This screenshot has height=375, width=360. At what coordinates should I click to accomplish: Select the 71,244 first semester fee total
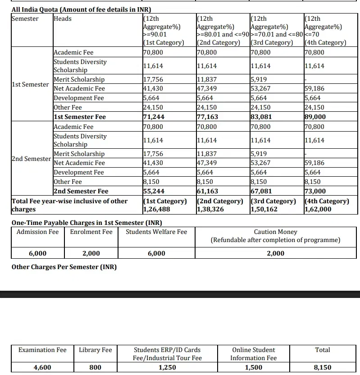click(x=153, y=117)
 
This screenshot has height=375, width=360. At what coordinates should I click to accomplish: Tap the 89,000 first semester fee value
click(x=315, y=117)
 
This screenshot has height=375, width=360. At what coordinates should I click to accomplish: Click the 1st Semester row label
click(x=30, y=84)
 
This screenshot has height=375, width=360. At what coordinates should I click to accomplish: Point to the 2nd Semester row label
click(x=31, y=159)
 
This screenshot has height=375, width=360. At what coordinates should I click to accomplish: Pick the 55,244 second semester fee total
click(x=153, y=191)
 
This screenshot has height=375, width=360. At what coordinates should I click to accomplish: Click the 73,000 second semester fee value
click(x=315, y=191)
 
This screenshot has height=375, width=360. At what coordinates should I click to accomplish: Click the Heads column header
click(x=62, y=18)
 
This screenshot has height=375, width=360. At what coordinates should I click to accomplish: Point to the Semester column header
click(x=25, y=18)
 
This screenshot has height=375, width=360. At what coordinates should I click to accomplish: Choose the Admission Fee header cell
click(x=37, y=232)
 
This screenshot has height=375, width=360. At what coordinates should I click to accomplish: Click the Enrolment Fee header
click(x=91, y=232)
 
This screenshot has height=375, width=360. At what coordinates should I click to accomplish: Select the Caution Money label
click(x=275, y=232)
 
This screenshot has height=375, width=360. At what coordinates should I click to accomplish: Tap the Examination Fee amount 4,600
click(x=42, y=367)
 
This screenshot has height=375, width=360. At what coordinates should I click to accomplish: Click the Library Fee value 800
click(x=95, y=367)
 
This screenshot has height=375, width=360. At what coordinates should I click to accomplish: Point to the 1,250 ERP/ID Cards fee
click(x=167, y=367)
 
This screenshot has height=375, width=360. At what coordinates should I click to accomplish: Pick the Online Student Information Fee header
click(x=253, y=354)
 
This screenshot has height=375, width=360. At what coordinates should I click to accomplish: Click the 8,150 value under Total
click(x=322, y=367)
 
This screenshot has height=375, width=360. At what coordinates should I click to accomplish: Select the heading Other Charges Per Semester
click(x=64, y=267)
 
